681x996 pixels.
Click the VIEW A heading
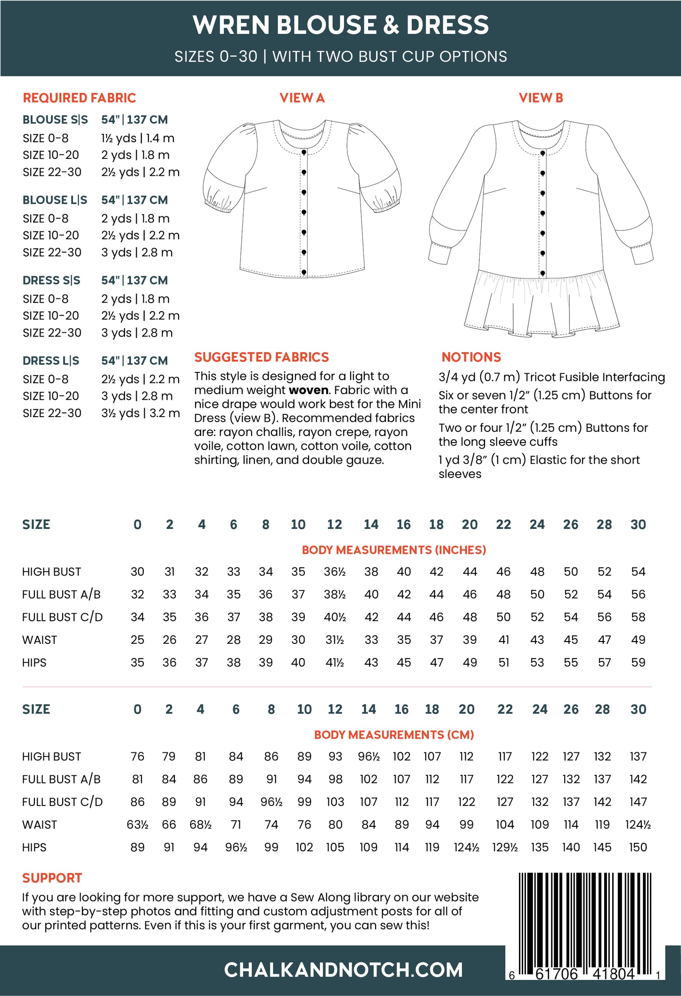pos(302,98)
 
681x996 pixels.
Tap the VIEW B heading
pos(541,98)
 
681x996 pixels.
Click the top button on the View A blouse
pos(304,152)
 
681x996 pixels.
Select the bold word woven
pos(309,390)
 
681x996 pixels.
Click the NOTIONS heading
pos(471,357)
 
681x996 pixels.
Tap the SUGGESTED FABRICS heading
pos(262,357)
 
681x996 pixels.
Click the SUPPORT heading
pos(52,878)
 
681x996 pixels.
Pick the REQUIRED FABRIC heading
pos(79,98)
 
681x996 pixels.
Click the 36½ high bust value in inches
pos(335,572)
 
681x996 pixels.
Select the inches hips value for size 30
pos(638,662)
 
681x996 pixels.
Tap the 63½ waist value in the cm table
pos(137,824)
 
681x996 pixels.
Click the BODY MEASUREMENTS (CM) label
pos(394,735)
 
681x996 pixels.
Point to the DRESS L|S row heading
pos(51,361)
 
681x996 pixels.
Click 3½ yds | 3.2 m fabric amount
pos(140,413)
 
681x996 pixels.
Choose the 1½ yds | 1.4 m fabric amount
pos(138,138)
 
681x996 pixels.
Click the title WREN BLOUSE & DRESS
pos(341,25)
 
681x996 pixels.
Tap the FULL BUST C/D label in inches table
pos(62,617)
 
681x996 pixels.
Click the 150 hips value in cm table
pos(638,847)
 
